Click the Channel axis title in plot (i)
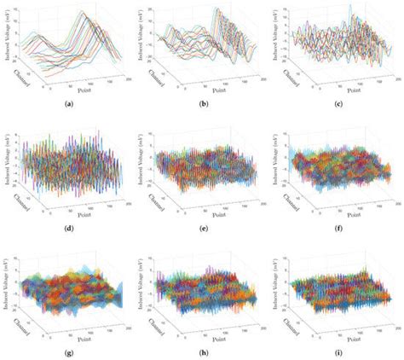tap(293, 327)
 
